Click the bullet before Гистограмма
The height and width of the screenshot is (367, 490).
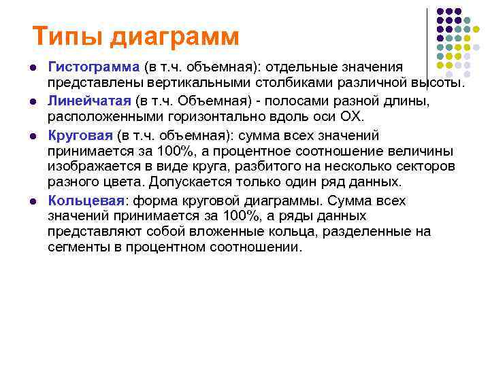coord(32,68)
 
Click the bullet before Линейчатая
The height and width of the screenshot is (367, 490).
coord(32,101)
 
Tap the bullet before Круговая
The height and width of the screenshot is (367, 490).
coord(32,135)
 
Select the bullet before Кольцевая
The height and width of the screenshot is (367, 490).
coord(32,201)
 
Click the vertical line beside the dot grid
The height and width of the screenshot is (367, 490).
coord(427,41)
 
